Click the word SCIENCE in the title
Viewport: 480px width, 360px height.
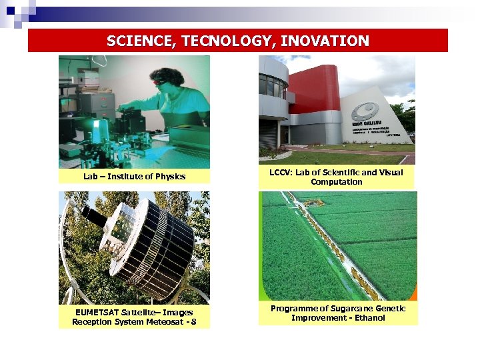tap(137, 41)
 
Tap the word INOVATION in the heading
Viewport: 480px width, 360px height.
tap(325, 41)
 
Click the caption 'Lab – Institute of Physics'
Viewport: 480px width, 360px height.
tap(134, 177)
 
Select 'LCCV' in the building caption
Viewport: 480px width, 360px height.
tap(280, 173)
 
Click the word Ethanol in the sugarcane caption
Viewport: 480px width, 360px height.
tap(369, 318)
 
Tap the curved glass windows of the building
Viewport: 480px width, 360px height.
tap(271, 86)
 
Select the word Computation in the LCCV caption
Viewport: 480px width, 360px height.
tap(337, 182)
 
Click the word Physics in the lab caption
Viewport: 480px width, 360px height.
tap(170, 177)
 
